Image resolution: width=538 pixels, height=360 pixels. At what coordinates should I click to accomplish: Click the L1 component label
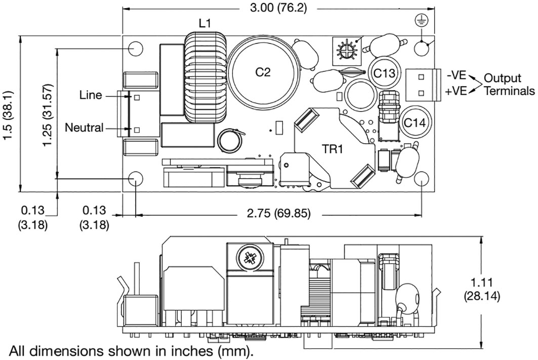[204, 23]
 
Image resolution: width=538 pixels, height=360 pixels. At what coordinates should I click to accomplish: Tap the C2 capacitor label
[262, 72]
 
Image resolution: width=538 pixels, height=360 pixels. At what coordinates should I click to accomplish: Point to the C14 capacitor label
[413, 123]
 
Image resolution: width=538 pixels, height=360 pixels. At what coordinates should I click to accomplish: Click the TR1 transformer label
[334, 149]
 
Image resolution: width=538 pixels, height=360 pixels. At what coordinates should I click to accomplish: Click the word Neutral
[84, 128]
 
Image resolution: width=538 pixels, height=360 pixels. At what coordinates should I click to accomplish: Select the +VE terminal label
[456, 91]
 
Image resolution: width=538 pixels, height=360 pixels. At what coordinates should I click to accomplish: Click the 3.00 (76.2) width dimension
[278, 9]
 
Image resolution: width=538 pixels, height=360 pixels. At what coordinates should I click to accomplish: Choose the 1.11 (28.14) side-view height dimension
[482, 289]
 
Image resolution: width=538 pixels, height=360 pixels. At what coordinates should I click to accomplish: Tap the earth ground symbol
[420, 20]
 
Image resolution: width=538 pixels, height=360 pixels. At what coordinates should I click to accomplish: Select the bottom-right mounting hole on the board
[422, 179]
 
